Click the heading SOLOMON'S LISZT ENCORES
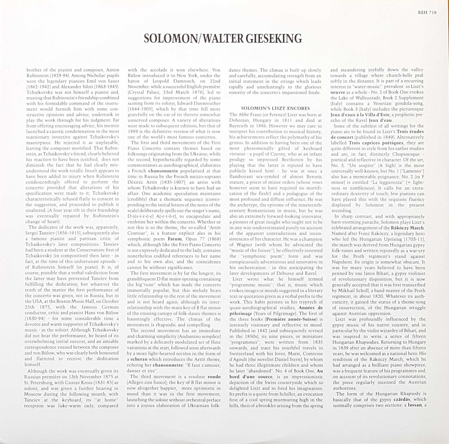(275, 109)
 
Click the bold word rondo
(214, 376)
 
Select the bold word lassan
(415, 405)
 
